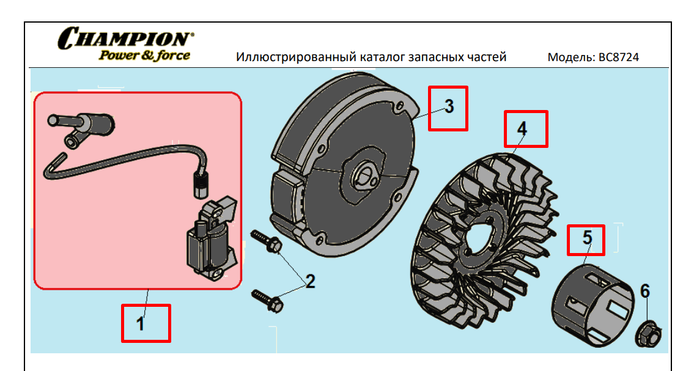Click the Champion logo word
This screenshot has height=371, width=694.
(126, 38)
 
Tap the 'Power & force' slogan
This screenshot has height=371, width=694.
(144, 56)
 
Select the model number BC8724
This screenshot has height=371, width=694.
(619, 57)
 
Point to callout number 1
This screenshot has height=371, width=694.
(140, 324)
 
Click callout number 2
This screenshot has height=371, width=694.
(310, 281)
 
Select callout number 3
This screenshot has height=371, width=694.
(449, 106)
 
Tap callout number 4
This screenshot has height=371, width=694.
(522, 128)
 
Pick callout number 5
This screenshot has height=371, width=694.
(587, 238)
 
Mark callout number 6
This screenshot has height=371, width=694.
(645, 291)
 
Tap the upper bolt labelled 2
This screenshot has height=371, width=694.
(267, 241)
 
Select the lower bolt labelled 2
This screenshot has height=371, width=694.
(268, 300)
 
